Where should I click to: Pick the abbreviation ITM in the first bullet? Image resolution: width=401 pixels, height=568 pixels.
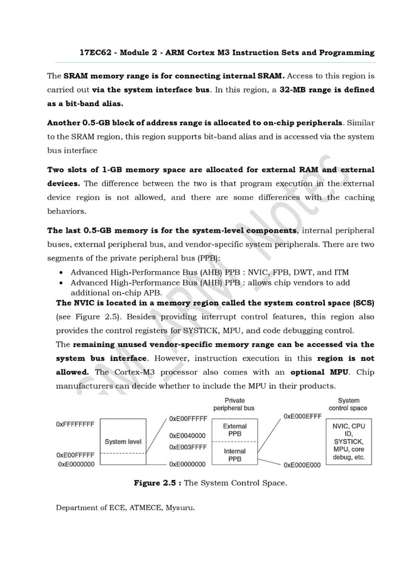(341, 272)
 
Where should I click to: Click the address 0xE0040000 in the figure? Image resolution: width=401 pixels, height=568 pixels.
(187, 435)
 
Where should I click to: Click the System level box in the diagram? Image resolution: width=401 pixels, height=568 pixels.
(123, 442)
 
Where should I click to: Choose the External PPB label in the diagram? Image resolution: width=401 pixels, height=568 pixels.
(235, 430)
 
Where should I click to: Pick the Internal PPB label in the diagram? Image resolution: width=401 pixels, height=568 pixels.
(235, 455)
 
